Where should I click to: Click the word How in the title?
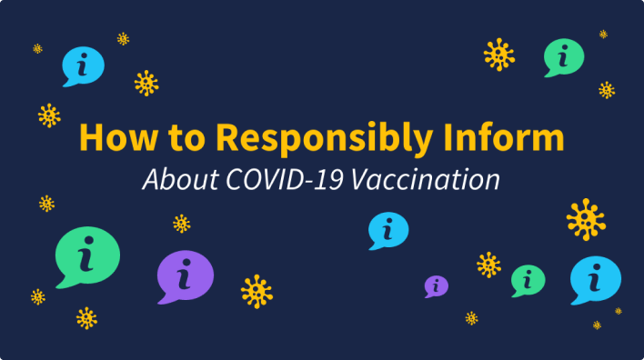(x=113, y=137)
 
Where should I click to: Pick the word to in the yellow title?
(x=186, y=138)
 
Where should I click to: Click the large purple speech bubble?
(x=184, y=275)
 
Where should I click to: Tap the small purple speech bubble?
(x=437, y=285)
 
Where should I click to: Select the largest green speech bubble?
(x=86, y=255)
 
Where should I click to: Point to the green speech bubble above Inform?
(x=563, y=56)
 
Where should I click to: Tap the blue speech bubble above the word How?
(x=83, y=64)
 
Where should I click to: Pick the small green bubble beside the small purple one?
(x=527, y=280)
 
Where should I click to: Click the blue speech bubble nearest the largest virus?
(x=595, y=278)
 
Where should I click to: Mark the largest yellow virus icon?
(x=585, y=219)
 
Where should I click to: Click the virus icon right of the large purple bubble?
(x=257, y=291)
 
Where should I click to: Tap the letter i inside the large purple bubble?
(x=185, y=274)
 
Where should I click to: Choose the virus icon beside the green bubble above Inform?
(x=499, y=55)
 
